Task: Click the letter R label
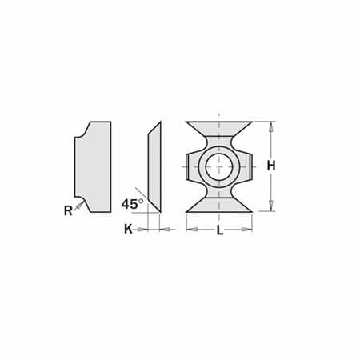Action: (69, 210)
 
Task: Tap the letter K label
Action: (128, 230)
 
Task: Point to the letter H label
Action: (271, 166)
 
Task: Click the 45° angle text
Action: (131, 203)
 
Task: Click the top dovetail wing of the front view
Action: (219, 130)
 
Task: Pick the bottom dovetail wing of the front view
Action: (219, 204)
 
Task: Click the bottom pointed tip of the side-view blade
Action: (158, 211)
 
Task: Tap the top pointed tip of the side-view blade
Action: (159, 123)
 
